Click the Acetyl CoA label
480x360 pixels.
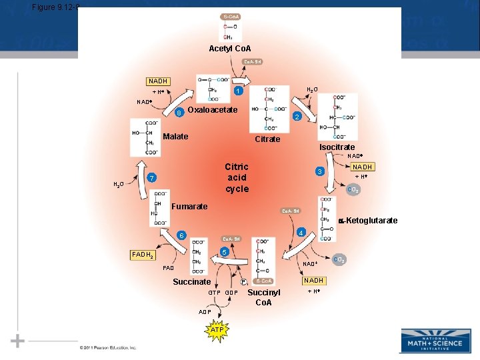click(x=230, y=49)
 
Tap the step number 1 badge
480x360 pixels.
click(x=237, y=91)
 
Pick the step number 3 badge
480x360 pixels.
click(x=320, y=171)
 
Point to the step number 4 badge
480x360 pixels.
click(x=301, y=233)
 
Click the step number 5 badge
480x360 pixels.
click(x=225, y=253)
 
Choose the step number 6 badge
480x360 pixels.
click(x=181, y=235)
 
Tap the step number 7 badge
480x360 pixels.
click(x=153, y=179)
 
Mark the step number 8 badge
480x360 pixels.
click(x=179, y=113)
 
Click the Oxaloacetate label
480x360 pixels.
click(x=213, y=109)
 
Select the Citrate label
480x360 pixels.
click(x=268, y=139)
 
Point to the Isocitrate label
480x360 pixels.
click(x=337, y=147)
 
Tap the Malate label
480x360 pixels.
click(x=175, y=137)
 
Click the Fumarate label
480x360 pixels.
click(x=189, y=207)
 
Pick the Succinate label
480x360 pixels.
click(x=192, y=282)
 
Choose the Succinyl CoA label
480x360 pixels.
click(x=264, y=297)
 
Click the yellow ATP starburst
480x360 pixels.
click(x=217, y=330)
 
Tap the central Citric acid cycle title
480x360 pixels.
click(x=237, y=178)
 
